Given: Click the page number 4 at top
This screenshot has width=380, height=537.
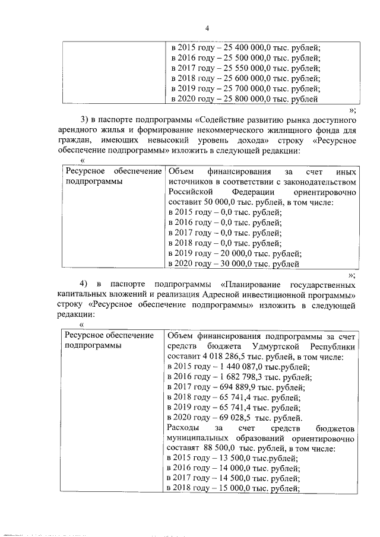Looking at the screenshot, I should pos(207,28).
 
